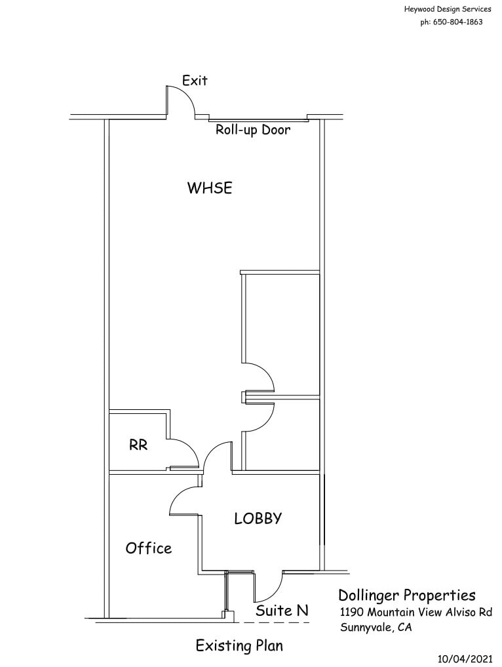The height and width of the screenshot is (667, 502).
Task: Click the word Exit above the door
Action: (x=195, y=81)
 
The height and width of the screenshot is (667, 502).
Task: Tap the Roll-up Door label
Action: (x=253, y=130)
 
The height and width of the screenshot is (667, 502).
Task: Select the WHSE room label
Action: (x=210, y=188)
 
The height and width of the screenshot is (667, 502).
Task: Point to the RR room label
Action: (x=138, y=445)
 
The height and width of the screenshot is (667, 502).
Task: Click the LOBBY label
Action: (x=258, y=518)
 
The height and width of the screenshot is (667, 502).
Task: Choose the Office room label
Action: (x=149, y=548)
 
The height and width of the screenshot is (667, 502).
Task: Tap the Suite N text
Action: (x=282, y=611)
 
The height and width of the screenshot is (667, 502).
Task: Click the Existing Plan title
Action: (x=239, y=646)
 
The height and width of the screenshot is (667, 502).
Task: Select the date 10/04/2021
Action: (x=463, y=658)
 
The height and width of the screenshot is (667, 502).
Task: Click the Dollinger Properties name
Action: (x=406, y=596)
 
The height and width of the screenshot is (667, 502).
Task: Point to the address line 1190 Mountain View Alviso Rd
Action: (x=415, y=612)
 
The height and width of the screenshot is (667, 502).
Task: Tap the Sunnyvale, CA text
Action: (x=376, y=627)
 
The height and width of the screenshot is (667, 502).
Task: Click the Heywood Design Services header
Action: (x=448, y=9)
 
